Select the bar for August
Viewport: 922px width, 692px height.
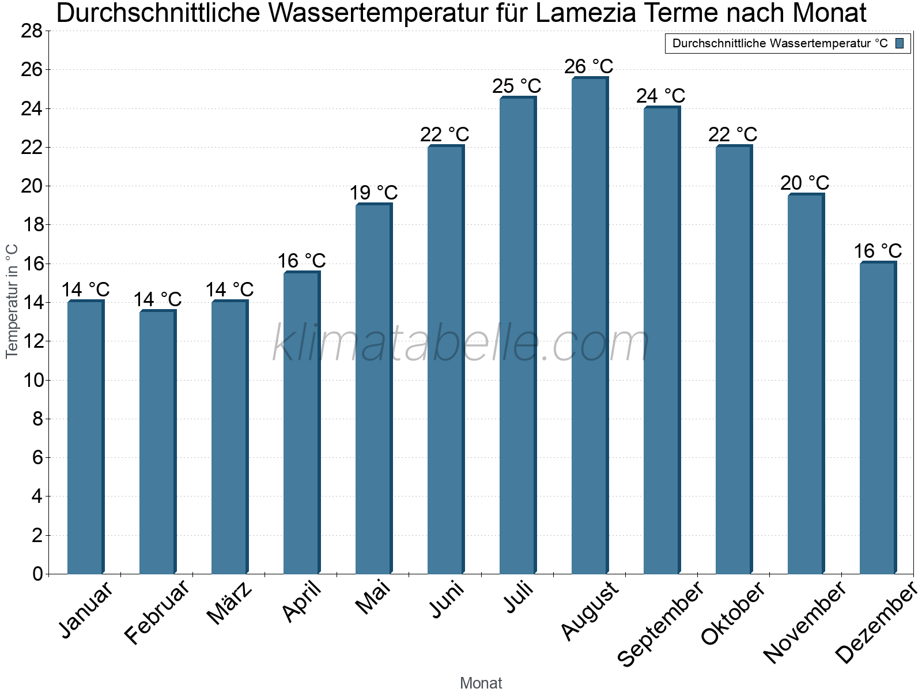pos(590,326)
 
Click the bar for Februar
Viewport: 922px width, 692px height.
pos(157,442)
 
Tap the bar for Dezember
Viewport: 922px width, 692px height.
pos(878,418)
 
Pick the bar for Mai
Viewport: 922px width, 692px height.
pos(373,389)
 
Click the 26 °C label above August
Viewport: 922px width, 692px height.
pos(588,67)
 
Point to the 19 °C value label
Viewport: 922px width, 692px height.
pos(373,193)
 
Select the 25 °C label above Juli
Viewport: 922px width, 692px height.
pos(516,86)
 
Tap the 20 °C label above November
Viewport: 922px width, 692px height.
pos(804,183)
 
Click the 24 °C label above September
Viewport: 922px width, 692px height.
pos(660,96)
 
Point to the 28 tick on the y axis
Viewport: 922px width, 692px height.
pos(32,31)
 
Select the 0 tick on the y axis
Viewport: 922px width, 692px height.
pos(37,574)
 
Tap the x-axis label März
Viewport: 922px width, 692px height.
pos(229,603)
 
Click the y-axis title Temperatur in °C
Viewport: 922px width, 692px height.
pos(12,301)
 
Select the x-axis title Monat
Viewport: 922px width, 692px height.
pos(481,683)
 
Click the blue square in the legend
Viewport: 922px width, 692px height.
pos(900,43)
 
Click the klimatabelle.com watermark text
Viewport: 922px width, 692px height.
pos(461,344)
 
